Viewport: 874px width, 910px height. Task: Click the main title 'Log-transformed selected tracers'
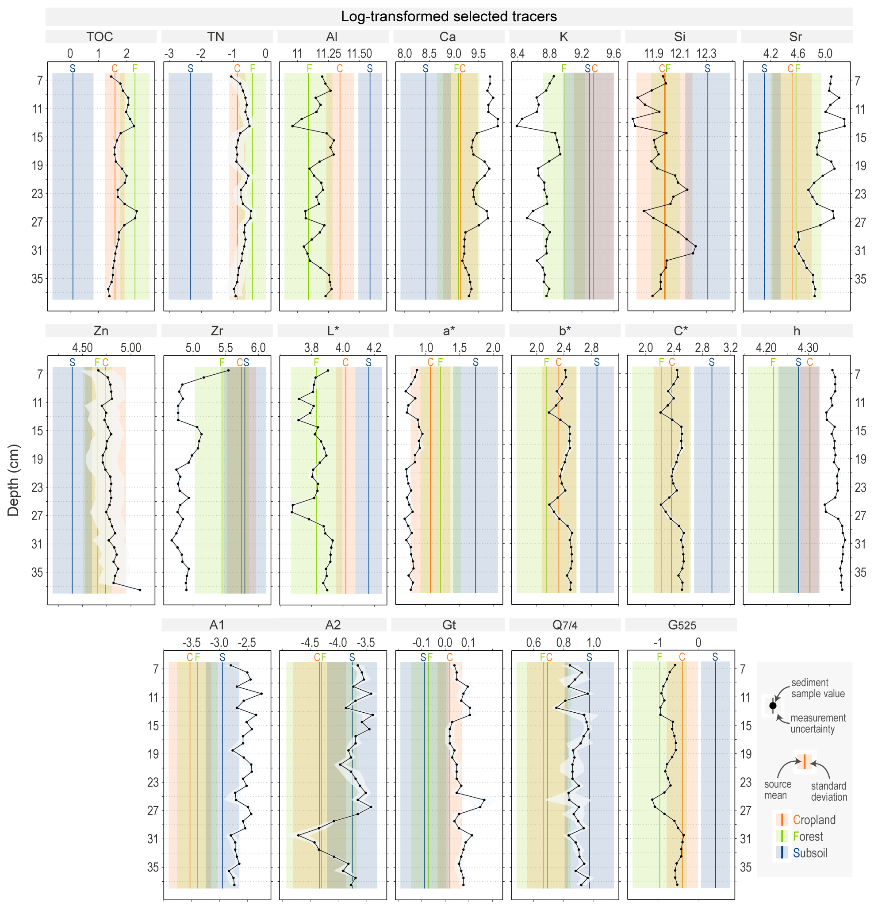coord(448,17)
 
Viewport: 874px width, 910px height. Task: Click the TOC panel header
coord(100,37)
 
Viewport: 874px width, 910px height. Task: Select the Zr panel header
coord(216,330)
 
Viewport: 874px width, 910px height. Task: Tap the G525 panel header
coord(682,625)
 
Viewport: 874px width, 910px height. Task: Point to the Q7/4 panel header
coord(564,625)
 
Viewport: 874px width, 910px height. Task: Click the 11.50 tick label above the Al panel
coord(359,54)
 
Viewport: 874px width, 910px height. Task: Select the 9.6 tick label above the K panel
coord(613,54)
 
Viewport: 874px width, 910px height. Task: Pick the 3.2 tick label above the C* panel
coord(730,348)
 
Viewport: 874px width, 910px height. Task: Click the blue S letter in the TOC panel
coord(73,69)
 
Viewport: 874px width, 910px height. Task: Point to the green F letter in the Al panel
coord(309,69)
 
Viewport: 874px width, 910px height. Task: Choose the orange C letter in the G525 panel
coord(682,657)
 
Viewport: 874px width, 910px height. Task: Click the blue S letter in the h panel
coord(798,362)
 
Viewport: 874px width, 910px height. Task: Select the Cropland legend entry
coord(814,820)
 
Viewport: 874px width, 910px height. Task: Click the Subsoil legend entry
coord(810,853)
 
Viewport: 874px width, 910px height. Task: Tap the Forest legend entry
coord(808,836)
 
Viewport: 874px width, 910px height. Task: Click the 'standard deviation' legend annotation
coord(828,791)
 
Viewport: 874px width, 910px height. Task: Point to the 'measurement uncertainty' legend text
coord(818,723)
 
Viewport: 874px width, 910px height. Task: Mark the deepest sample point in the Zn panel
coord(140,590)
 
